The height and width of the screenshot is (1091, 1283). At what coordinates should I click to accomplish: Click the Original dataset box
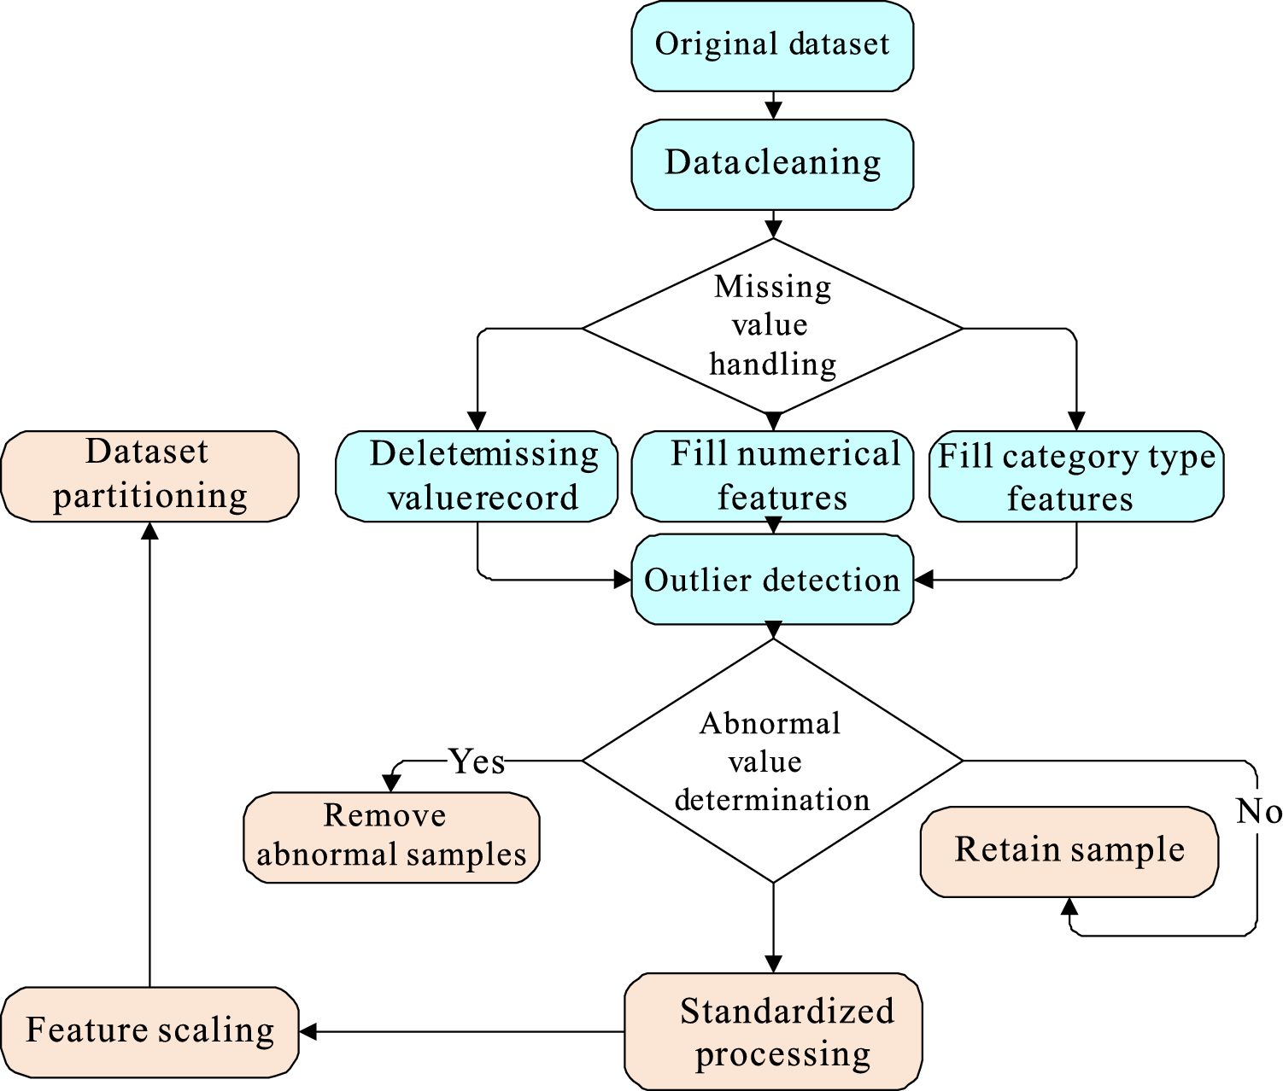(x=772, y=45)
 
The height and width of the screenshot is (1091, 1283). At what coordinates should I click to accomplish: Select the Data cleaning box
(x=772, y=163)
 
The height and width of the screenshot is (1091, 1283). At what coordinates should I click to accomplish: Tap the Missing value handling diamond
(x=772, y=327)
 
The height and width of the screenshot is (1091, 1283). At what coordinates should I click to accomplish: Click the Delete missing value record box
(x=477, y=475)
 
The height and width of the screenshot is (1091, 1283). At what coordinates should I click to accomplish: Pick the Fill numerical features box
(x=772, y=475)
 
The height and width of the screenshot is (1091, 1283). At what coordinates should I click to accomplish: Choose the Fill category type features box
(x=1076, y=475)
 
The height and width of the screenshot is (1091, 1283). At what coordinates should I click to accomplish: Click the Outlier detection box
(x=772, y=580)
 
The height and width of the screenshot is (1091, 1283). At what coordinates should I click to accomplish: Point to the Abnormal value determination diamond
(x=772, y=761)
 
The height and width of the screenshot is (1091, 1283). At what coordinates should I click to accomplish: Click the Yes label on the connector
(x=477, y=761)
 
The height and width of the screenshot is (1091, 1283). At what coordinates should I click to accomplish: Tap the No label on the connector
(x=1258, y=811)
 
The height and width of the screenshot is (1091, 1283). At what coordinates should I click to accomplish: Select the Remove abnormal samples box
(x=391, y=837)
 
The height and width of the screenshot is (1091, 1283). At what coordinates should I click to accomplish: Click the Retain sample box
(x=1069, y=850)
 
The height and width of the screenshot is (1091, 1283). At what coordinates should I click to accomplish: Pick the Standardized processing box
(x=773, y=1031)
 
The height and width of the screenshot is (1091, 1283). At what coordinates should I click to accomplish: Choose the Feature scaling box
(x=149, y=1031)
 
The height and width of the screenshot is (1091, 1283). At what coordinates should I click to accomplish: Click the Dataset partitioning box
(x=149, y=475)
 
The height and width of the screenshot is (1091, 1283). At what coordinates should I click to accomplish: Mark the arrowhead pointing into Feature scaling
(x=308, y=1031)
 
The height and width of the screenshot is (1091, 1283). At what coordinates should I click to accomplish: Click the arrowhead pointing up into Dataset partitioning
(x=149, y=531)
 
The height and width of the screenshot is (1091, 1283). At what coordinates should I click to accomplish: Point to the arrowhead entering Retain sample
(x=1069, y=906)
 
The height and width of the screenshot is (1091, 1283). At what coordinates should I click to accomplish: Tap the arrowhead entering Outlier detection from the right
(x=923, y=580)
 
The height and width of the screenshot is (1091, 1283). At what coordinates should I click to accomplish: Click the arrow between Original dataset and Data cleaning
(x=773, y=106)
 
